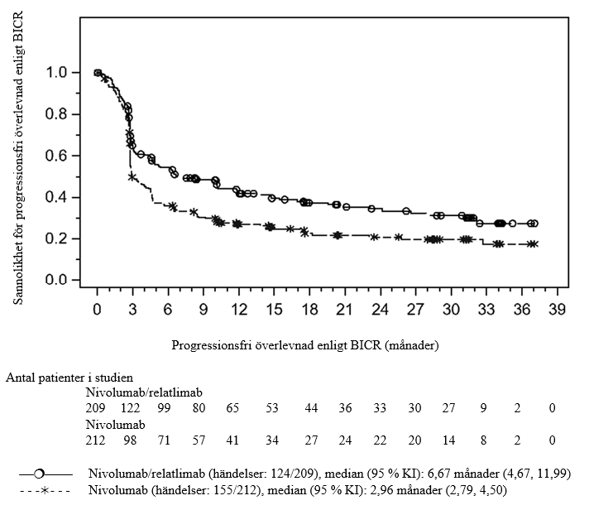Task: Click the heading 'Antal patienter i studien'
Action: pos(69,378)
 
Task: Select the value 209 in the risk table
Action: pos(97,408)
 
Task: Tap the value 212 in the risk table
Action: pos(97,440)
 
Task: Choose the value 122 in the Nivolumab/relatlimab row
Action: pos(131,408)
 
